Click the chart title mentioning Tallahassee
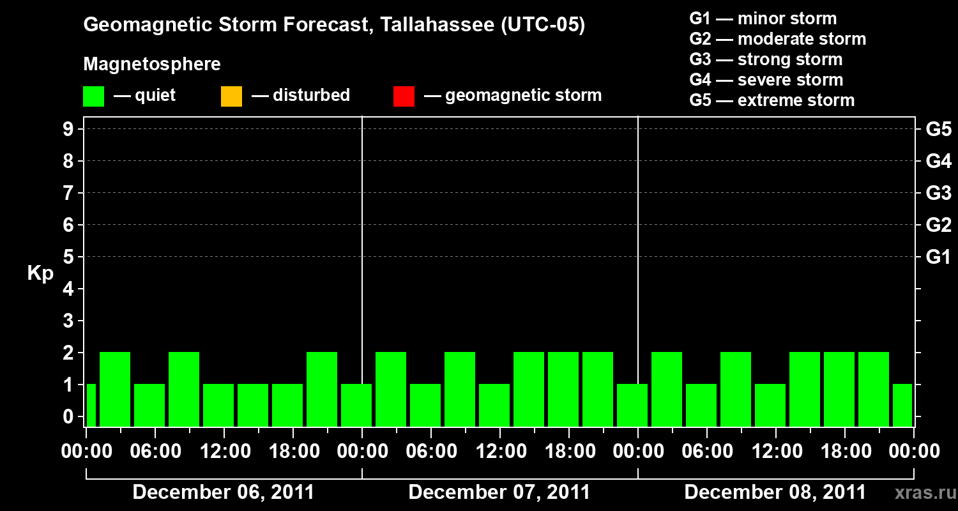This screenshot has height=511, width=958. tap(334, 26)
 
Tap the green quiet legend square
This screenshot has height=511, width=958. tap(94, 96)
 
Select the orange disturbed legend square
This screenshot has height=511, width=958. tap(231, 96)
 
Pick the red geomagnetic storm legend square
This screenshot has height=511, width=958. tap(404, 96)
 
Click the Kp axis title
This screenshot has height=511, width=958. tap(40, 273)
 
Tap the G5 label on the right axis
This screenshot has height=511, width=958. tap(938, 129)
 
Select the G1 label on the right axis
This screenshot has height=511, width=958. tap(938, 257)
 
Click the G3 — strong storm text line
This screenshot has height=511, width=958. tap(766, 59)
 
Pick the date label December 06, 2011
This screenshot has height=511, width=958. tap(224, 492)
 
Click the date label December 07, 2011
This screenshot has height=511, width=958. tap(499, 492)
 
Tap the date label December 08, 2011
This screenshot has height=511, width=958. tap(775, 492)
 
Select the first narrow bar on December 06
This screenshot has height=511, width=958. tap(91, 405)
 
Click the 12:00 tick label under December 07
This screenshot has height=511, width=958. tap(499, 452)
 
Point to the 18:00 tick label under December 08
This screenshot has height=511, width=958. tap(844, 452)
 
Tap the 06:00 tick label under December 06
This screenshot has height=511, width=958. tap(155, 452)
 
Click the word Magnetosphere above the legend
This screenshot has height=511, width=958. tap(152, 65)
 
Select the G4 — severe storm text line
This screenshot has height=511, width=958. tap(766, 80)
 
